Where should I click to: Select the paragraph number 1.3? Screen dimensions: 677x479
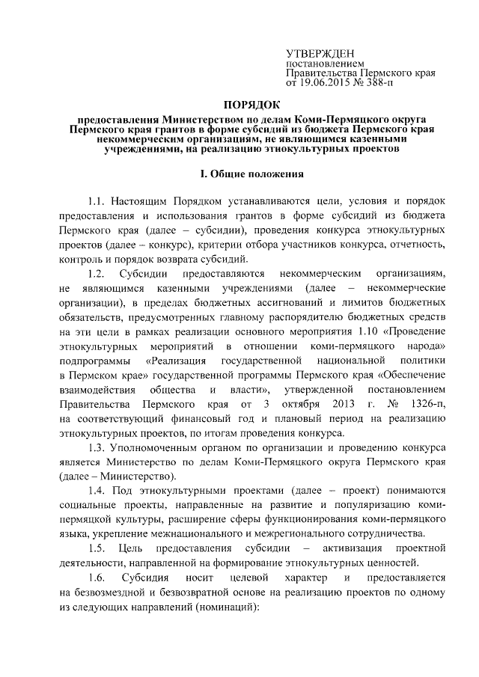point(95,447)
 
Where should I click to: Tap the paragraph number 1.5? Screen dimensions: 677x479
point(95,550)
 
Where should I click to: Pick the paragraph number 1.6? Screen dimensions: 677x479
point(95,579)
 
